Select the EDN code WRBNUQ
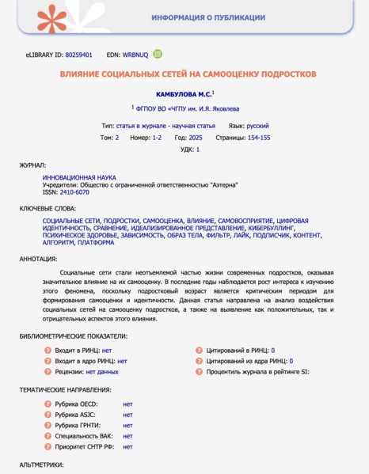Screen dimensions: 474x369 tap(136, 55)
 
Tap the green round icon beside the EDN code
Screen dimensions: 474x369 tap(158, 55)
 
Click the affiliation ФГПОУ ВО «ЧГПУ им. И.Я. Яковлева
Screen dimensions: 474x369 tap(190, 108)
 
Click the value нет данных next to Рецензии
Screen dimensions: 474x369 tap(102, 371)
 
